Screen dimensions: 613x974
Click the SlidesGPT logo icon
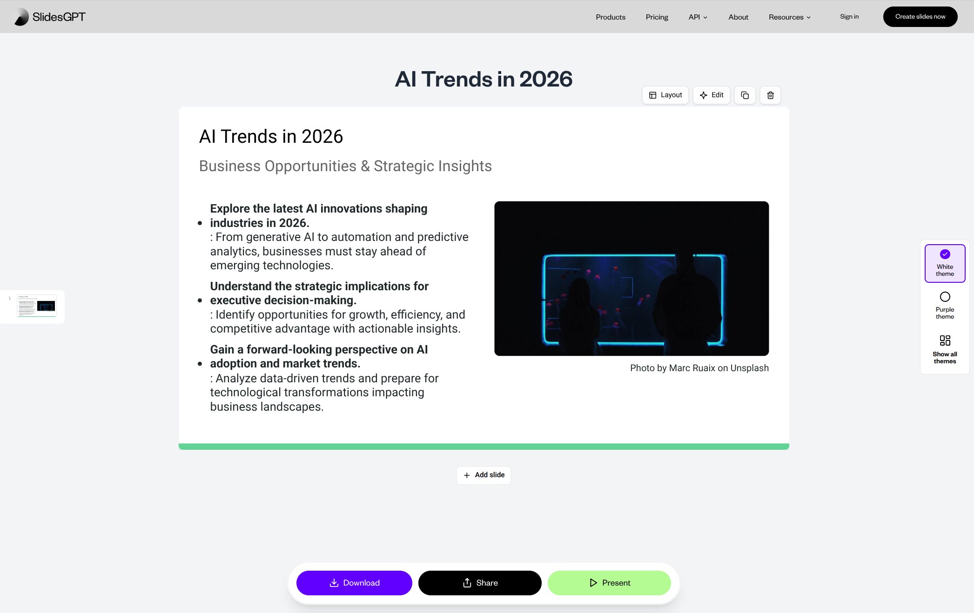21,17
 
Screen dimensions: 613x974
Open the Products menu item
610,17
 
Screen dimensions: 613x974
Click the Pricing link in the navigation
657,17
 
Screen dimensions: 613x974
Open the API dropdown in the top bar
698,17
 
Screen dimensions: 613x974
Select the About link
738,17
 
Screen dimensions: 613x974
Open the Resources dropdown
789,17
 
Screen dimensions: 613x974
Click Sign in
849,17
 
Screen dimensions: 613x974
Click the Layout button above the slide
665,95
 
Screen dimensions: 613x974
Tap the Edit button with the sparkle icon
711,95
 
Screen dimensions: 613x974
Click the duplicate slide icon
745,95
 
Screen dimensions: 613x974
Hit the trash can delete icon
770,95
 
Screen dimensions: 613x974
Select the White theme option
945,263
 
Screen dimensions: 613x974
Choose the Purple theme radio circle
945,297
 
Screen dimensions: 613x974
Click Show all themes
945,349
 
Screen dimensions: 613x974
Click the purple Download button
354,583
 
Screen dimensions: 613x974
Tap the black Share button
480,583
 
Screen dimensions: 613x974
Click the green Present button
609,583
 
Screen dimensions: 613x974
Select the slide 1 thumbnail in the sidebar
36,306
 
